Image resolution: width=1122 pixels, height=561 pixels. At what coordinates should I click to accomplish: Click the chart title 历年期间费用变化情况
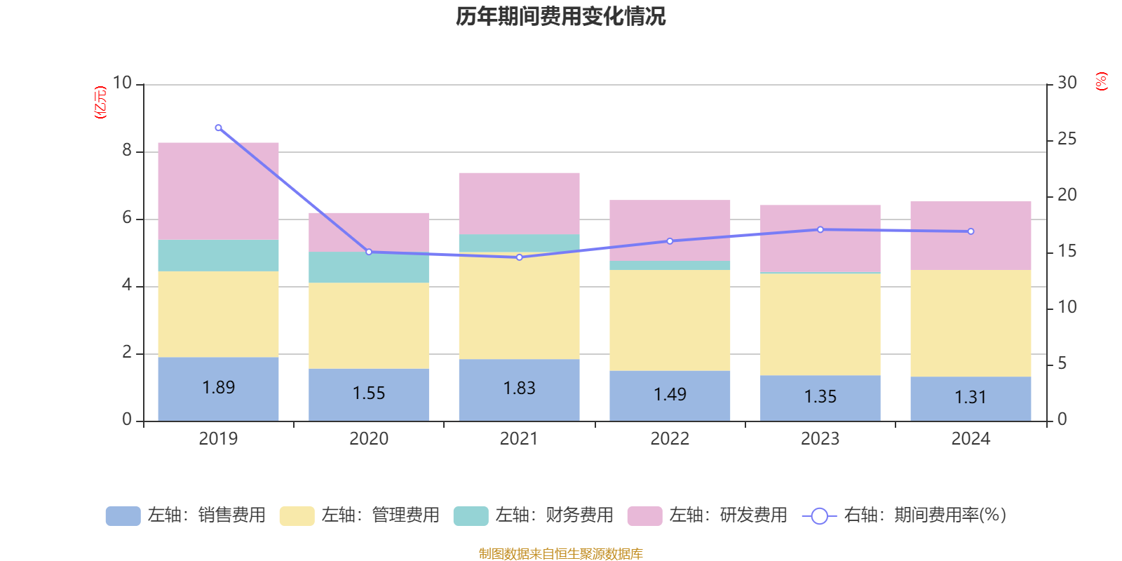pos(560,16)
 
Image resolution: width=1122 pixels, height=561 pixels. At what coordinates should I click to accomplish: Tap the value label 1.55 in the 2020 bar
pos(369,393)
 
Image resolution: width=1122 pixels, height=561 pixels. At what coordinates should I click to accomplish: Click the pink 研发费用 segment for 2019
pos(218,191)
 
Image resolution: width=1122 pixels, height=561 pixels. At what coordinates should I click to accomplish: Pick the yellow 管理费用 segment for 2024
pos(971,323)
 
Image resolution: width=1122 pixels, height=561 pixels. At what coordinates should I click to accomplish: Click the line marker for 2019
pos(218,128)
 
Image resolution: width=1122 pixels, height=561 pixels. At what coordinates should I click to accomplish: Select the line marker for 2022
pos(670,241)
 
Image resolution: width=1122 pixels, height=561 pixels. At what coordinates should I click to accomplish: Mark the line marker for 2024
pos(971,231)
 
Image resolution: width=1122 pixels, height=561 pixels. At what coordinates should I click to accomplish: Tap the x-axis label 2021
pos(519,439)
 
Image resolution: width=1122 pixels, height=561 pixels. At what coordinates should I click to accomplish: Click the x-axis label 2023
pos(820,439)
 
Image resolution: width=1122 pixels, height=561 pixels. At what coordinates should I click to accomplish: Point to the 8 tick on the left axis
pos(127,150)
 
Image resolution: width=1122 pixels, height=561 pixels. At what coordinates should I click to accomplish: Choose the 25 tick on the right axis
pos(1067,140)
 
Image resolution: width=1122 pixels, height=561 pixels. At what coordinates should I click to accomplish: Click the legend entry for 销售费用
pos(187,515)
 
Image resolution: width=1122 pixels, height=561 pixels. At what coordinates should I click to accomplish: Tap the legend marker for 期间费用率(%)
pos(819,516)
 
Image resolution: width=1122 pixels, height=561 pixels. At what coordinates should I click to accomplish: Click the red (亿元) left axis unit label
pos(100,102)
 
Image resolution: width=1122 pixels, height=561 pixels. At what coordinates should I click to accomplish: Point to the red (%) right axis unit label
pos(1102,81)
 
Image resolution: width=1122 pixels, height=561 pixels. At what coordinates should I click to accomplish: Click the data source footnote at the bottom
pos(560,554)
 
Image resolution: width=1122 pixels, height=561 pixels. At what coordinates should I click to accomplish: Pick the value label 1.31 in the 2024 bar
pos(971,398)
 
